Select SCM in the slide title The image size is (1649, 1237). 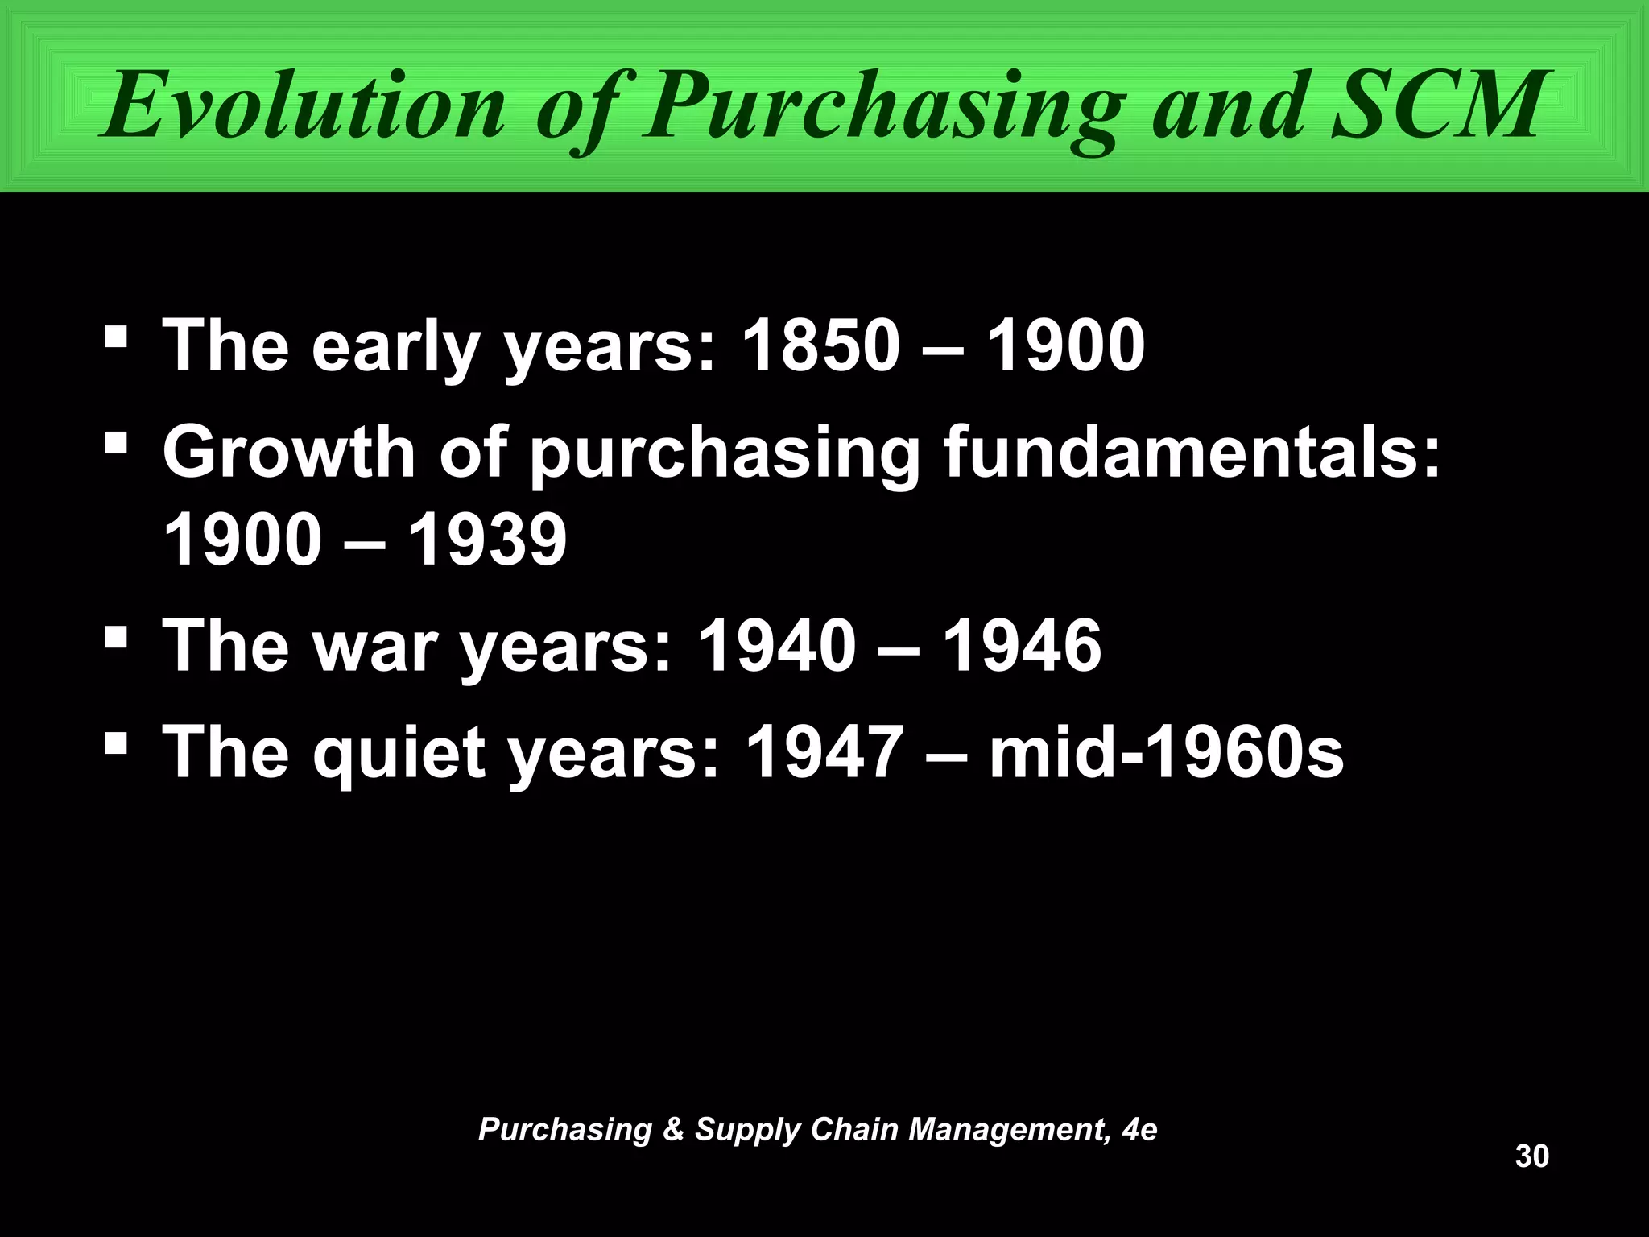1437,105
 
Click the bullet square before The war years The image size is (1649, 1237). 117,639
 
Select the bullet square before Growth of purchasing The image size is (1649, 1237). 117,443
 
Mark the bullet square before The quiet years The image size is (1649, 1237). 117,746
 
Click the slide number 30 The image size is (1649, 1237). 1531,1156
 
